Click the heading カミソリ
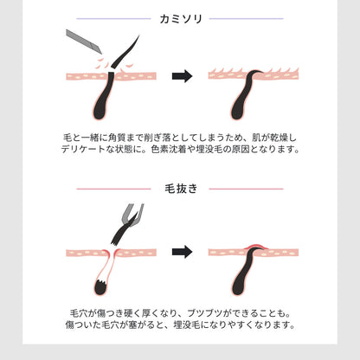click(181, 19)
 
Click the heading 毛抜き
click(181, 189)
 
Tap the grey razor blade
click(84, 41)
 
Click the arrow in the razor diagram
click(182, 76)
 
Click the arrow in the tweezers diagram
click(182, 252)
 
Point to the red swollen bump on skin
click(255, 247)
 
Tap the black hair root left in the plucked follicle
click(100, 287)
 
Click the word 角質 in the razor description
click(118, 138)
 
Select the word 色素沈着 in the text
click(168, 149)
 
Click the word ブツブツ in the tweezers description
click(205, 313)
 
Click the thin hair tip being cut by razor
click(126, 51)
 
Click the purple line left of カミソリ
click(113, 19)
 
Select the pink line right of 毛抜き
click(247, 189)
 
